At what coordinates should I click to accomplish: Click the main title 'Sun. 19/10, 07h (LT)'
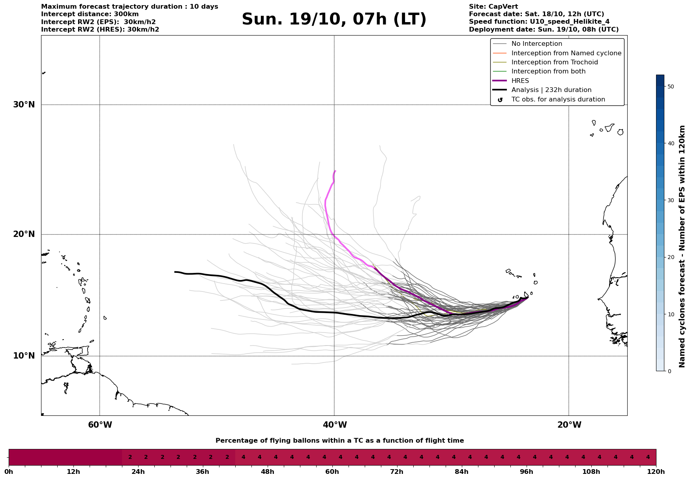(334, 19)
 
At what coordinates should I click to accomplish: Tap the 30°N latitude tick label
(24, 105)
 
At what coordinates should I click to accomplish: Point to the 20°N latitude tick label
(24, 234)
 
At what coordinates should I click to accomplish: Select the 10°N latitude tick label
(24, 356)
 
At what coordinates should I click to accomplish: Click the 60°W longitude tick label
(100, 425)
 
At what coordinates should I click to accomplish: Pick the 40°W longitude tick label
(335, 425)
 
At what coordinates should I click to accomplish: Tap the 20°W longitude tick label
(569, 425)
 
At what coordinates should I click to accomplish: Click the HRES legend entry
(520, 81)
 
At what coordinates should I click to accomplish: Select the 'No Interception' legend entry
(536, 44)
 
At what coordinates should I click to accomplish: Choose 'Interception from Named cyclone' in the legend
(566, 53)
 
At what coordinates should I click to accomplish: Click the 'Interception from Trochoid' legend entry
(554, 62)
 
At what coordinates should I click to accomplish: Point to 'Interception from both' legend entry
(548, 71)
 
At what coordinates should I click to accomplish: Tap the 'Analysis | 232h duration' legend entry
(551, 90)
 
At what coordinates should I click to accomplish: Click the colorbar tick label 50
(670, 86)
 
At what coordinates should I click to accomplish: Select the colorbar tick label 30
(670, 200)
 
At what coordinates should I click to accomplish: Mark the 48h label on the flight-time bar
(267, 472)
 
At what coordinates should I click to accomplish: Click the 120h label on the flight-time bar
(656, 472)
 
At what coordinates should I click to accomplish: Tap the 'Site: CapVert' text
(493, 7)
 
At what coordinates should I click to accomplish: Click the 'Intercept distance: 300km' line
(90, 14)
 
